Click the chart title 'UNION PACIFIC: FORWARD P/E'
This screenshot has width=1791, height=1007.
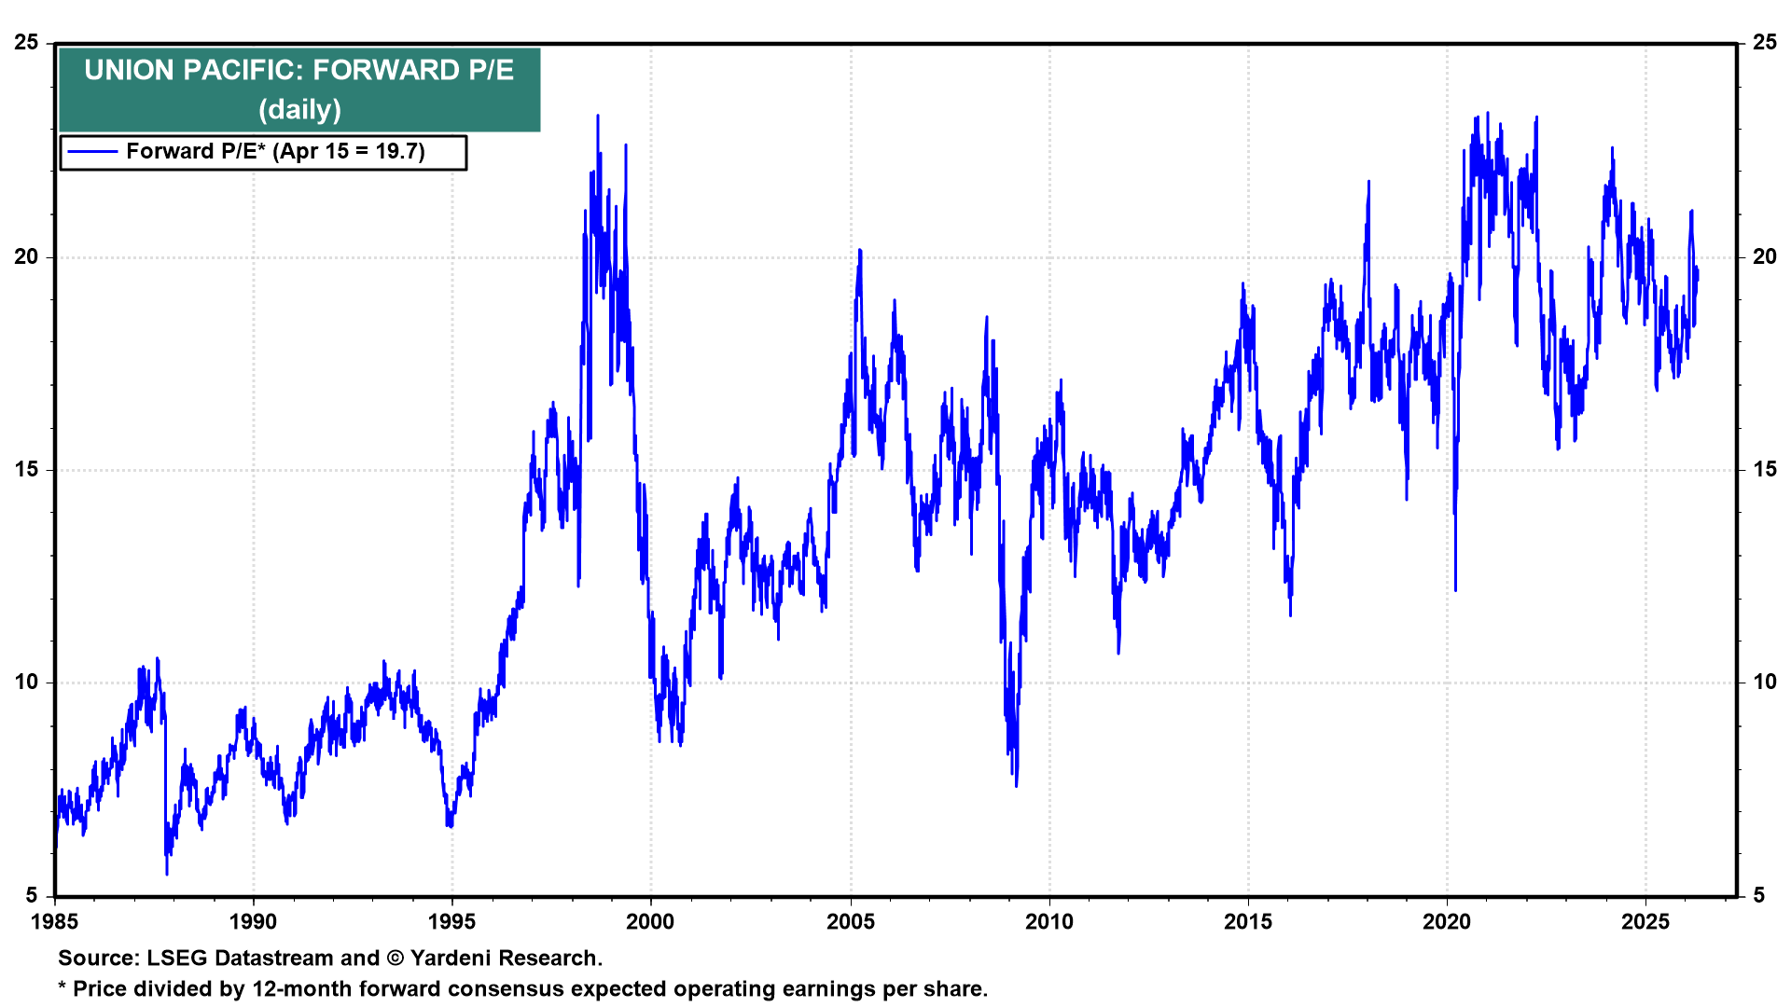click(298, 70)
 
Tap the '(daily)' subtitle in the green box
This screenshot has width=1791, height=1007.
click(299, 110)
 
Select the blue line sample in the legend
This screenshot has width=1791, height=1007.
click(92, 152)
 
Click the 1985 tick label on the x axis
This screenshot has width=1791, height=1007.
click(55, 922)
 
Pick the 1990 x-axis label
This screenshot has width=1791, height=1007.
click(253, 922)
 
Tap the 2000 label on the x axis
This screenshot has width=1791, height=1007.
click(650, 922)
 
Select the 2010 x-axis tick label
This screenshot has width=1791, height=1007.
click(1049, 922)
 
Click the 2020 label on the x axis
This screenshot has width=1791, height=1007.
click(1447, 922)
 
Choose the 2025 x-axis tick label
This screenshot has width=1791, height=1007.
click(1645, 922)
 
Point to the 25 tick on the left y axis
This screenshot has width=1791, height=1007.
click(27, 43)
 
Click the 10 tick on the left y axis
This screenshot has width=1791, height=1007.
click(27, 683)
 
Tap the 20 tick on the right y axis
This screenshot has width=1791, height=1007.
click(1765, 257)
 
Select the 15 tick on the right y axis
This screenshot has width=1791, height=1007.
click(1765, 470)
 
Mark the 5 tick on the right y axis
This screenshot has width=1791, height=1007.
click(1759, 896)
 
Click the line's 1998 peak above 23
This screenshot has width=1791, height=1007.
click(598, 117)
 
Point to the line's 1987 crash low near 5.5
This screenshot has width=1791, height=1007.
click(167, 873)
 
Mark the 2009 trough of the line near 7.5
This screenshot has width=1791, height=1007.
click(1016, 785)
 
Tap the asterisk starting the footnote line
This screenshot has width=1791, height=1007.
click(62, 987)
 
